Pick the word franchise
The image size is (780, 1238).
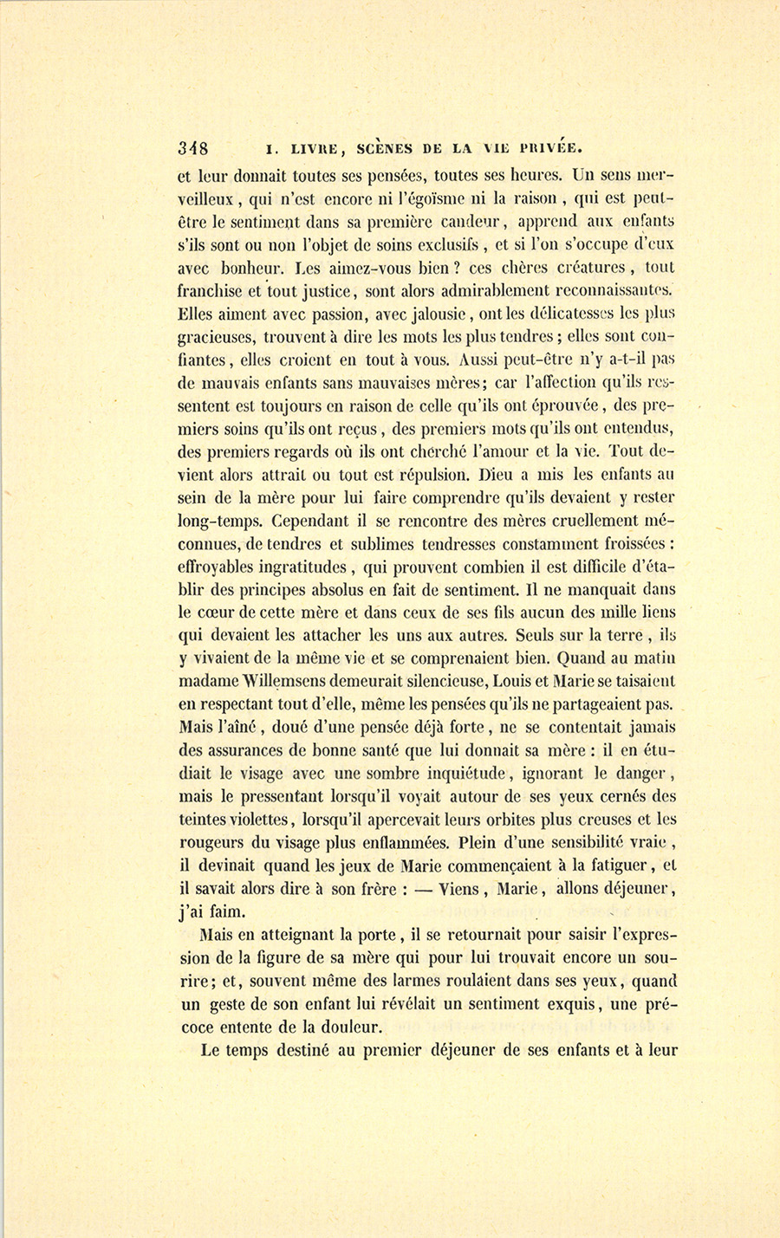213,290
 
